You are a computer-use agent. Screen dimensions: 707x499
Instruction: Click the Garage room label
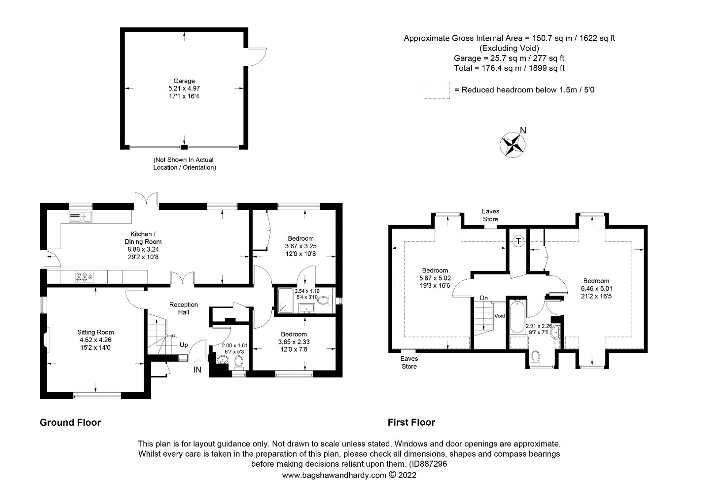(184, 81)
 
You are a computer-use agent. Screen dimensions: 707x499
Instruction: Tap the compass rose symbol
(513, 145)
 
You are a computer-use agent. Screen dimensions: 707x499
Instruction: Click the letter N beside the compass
(523, 130)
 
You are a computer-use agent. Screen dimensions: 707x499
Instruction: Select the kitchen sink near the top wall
(80, 216)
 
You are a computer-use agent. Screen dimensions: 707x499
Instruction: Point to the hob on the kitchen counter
(84, 277)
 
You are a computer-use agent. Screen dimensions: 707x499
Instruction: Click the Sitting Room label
(95, 332)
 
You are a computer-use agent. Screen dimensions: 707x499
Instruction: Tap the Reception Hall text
(183, 308)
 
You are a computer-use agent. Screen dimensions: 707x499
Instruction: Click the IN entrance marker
(197, 370)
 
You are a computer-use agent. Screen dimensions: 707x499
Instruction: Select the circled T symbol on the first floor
(518, 241)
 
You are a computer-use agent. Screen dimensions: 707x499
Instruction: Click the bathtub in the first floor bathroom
(517, 316)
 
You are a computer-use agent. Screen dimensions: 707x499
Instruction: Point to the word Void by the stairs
(500, 316)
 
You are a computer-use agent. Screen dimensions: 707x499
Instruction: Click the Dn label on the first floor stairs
(484, 298)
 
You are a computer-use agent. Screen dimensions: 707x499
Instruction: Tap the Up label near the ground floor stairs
(184, 345)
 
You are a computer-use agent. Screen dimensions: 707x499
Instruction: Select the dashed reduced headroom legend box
(437, 90)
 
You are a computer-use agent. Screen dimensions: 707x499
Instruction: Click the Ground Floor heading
(70, 422)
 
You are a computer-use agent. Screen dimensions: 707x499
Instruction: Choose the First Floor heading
(411, 422)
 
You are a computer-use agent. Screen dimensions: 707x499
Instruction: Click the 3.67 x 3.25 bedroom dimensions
(301, 246)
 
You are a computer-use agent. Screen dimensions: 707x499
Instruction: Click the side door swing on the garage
(257, 57)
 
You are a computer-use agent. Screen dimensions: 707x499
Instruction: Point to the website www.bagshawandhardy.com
(334, 475)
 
